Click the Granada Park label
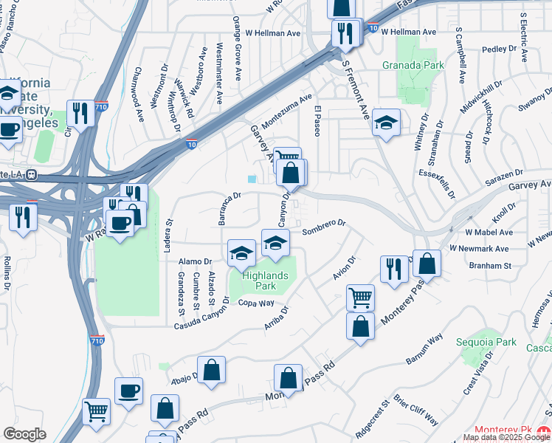pos(413,65)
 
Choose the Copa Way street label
pos(255,303)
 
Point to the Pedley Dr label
pos(500,49)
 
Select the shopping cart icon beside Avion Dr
pos(360,297)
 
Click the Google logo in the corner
pos(24,434)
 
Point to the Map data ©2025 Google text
pos(506,437)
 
